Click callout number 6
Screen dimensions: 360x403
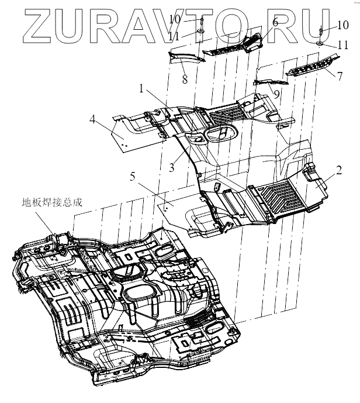[x=274, y=22]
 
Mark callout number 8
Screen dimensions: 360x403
[x=185, y=78]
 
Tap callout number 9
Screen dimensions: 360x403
[x=276, y=93]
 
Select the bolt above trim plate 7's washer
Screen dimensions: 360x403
[x=321, y=30]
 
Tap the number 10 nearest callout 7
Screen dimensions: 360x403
[x=343, y=25]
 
